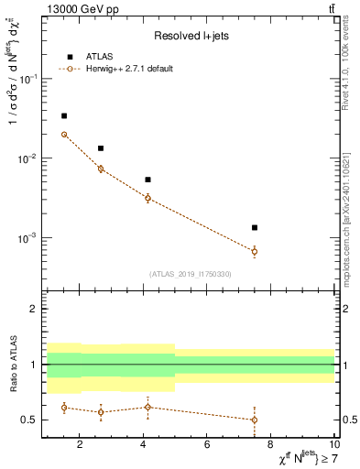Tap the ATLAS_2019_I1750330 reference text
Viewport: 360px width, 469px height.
pyautogui.click(x=190, y=274)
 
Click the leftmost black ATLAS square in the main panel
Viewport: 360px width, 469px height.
pyautogui.click(x=64, y=116)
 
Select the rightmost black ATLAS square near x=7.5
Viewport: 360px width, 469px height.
pyautogui.click(x=255, y=227)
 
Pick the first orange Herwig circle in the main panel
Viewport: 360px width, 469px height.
pyautogui.click(x=64, y=135)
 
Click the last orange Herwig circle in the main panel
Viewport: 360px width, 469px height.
pyautogui.click(x=255, y=251)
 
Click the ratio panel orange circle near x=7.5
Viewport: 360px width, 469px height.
pyautogui.click(x=255, y=420)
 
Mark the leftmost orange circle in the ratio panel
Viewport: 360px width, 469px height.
pyautogui.click(x=64, y=407)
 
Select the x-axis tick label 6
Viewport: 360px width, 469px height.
pyautogui.click(x=207, y=444)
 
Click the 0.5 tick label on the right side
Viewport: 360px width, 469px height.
pyautogui.click(x=347, y=420)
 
